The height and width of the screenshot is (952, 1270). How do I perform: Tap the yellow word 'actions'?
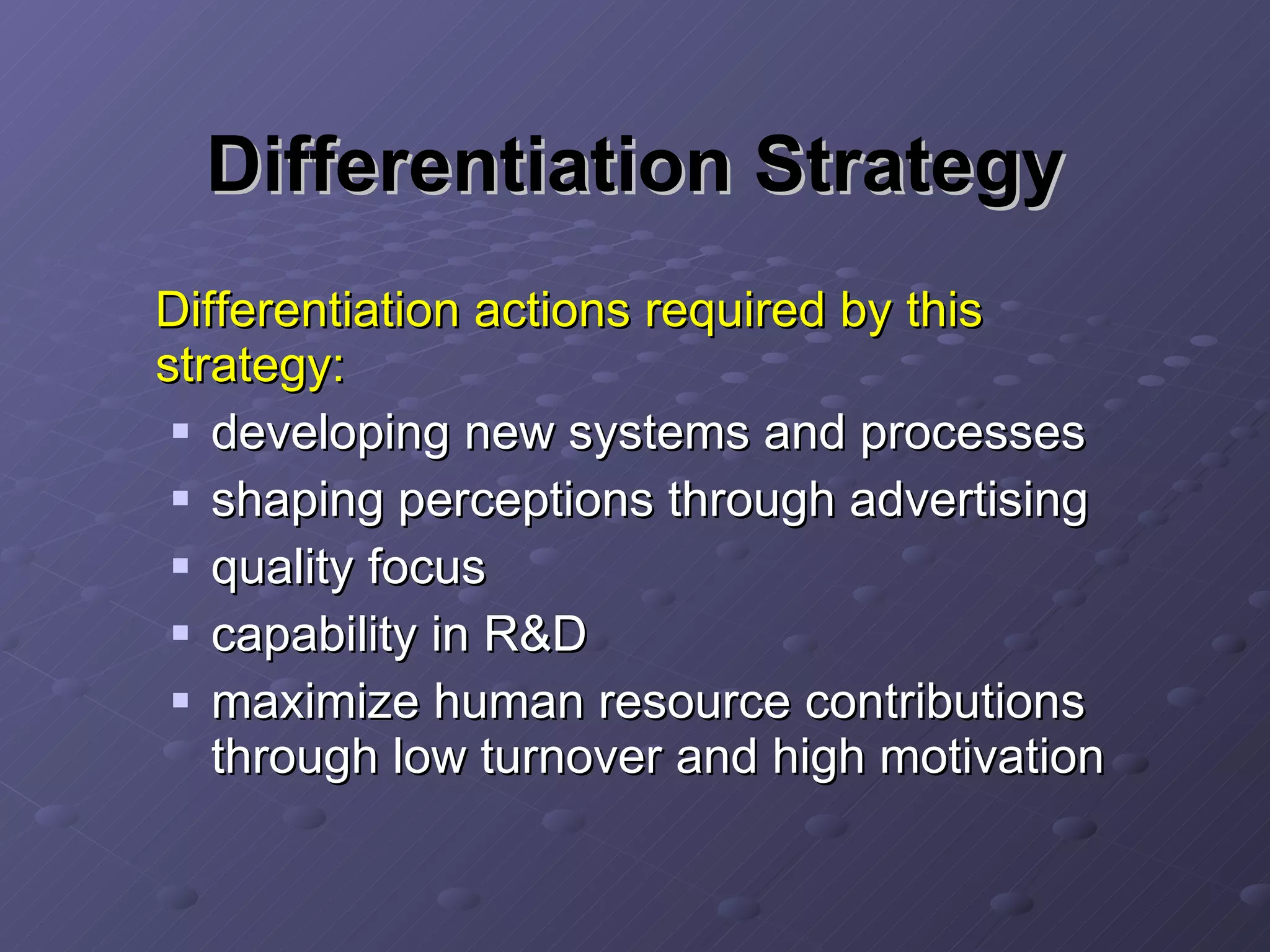point(553,310)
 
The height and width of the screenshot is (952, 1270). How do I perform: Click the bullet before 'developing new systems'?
point(180,431)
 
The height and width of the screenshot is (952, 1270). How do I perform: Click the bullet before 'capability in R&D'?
point(180,633)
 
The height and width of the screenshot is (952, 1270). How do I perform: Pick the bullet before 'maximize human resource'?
point(180,700)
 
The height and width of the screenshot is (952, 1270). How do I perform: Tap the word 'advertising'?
point(968,501)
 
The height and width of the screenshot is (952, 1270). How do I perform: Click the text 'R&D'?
point(535,635)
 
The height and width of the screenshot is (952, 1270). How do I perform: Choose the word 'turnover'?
point(571,757)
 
